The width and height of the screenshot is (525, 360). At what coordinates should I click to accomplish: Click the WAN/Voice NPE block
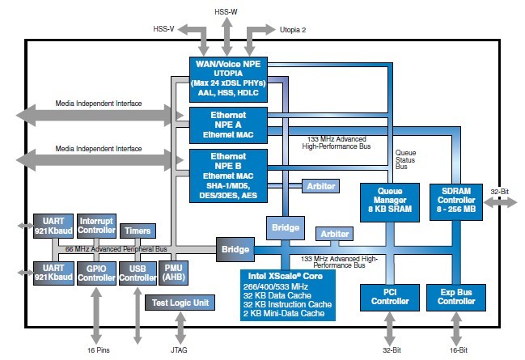click(228, 79)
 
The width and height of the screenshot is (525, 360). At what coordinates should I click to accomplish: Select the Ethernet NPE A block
click(228, 125)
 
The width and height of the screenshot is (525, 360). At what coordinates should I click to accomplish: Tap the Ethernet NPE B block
click(228, 176)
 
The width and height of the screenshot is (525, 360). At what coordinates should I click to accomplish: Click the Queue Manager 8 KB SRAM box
click(390, 202)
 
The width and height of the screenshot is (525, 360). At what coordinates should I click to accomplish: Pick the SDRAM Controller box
click(456, 202)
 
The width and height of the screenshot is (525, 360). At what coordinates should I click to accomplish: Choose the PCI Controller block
click(390, 298)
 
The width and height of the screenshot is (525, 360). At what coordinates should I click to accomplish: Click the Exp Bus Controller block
click(456, 298)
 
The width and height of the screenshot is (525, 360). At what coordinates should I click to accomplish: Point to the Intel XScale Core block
click(288, 295)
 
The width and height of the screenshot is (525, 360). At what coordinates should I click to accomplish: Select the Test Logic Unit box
click(180, 303)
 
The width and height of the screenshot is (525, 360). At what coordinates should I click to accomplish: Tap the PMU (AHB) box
click(173, 273)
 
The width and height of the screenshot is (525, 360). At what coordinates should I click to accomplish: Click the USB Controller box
click(138, 273)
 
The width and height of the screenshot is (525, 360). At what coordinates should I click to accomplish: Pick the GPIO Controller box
click(96, 273)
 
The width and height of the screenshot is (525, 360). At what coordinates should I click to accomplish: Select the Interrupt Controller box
click(96, 226)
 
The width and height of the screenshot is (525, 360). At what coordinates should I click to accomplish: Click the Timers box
click(138, 231)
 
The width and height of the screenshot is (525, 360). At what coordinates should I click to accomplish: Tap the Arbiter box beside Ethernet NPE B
click(321, 186)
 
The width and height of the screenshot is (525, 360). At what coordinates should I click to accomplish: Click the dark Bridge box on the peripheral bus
click(235, 249)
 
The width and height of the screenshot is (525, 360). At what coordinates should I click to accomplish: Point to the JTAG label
click(179, 350)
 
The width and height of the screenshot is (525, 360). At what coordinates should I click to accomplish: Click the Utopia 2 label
click(293, 30)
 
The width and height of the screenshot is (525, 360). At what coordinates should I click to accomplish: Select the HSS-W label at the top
click(226, 12)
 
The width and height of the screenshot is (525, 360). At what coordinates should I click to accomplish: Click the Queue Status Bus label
click(405, 159)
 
